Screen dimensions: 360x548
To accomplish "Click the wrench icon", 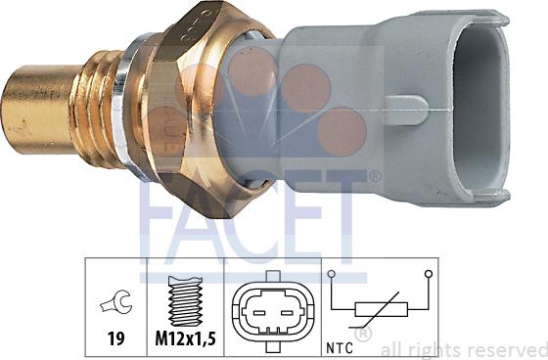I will pyautogui.click(x=115, y=304).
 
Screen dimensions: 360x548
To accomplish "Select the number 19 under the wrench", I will pyautogui.click(x=115, y=339).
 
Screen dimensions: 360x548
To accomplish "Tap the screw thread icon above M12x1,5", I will pyautogui.click(x=183, y=298).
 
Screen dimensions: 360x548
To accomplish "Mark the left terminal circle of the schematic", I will pyautogui.click(x=332, y=275).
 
